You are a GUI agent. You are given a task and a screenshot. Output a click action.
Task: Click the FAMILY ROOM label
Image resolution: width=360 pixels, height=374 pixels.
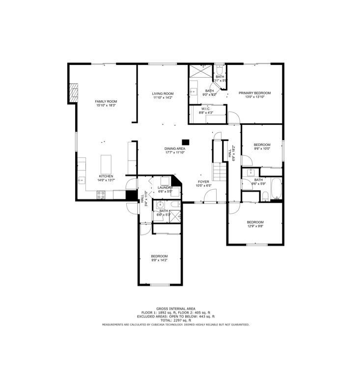[106, 101]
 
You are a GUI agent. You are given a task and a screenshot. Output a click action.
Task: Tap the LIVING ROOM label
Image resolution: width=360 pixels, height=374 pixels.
[163, 93]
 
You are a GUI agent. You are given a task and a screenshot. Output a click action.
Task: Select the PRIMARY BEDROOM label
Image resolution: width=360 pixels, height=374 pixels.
[255, 93]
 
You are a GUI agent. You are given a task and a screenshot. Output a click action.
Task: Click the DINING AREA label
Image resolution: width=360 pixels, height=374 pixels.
[174, 148]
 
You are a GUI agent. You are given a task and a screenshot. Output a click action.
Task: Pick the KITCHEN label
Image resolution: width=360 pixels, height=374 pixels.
[106, 176]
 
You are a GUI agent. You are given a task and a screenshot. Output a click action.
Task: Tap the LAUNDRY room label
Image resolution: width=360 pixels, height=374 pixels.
[165, 187]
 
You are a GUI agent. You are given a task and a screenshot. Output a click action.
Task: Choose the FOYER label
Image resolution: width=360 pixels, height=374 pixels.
[204, 181]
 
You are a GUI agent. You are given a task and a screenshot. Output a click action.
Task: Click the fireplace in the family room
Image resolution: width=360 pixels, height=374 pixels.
[73, 93]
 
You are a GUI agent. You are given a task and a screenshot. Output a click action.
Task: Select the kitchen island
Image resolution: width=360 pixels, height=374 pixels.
[107, 163]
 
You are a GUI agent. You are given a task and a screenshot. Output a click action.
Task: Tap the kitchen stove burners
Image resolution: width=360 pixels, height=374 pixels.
[100, 195]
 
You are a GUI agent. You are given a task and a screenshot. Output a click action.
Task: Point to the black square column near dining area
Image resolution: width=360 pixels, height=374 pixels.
[186, 141]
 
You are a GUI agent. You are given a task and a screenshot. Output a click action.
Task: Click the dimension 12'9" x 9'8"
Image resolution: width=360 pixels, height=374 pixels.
[255, 226]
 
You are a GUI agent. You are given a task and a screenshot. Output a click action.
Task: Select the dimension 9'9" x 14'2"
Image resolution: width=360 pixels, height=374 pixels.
[159, 260]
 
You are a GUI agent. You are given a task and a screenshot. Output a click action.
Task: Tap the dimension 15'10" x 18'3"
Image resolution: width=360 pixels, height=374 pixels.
[106, 106]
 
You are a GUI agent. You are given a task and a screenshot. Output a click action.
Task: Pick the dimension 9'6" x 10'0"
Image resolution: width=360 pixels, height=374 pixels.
[262, 148]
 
